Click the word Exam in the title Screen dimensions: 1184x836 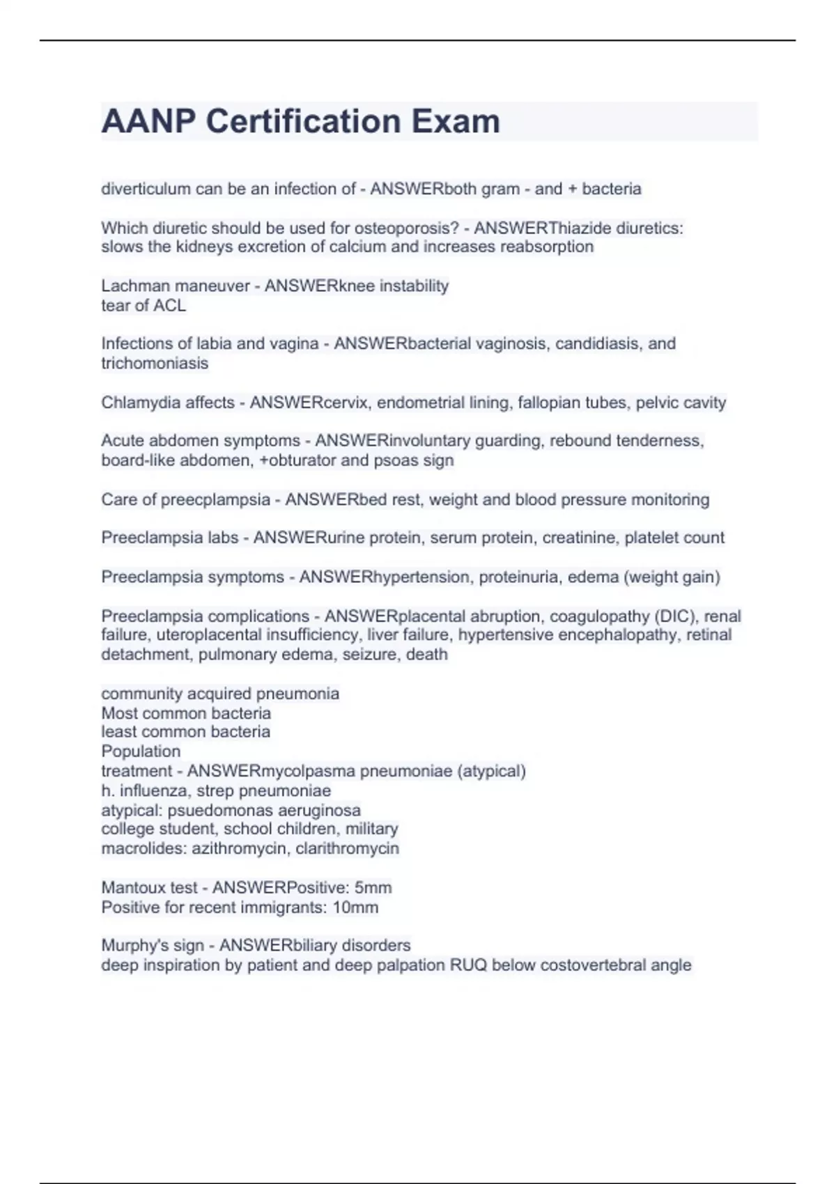click(456, 122)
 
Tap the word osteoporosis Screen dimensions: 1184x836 click(406, 228)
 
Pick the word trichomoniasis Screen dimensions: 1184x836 click(155, 363)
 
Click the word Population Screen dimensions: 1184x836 click(141, 751)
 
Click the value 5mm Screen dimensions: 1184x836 click(373, 887)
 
